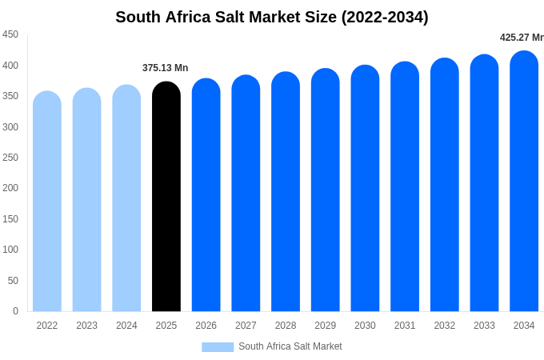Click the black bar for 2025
point(166,200)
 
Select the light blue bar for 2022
point(47,204)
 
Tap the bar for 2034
point(524,184)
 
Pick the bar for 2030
point(365,192)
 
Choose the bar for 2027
point(246,196)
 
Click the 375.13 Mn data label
point(166,68)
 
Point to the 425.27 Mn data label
point(522,38)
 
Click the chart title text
point(272,17)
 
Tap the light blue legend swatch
point(218,346)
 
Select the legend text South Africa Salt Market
point(290,346)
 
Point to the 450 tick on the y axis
point(10,34)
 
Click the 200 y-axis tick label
point(10,188)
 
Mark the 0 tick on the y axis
point(15,311)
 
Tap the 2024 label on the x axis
point(126,326)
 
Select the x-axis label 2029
point(325,326)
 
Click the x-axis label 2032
point(445,326)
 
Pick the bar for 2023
point(87,202)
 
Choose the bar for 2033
point(484,186)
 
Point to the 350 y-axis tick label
point(10,96)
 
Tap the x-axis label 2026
point(206,326)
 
